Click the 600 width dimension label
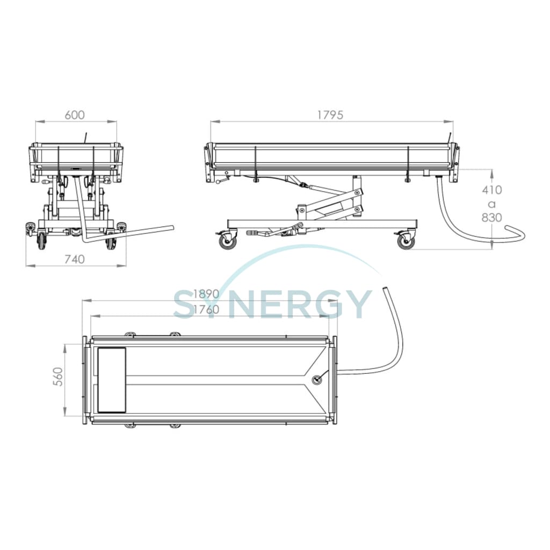75,115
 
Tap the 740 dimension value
75,259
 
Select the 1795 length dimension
330,115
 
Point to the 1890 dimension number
206,294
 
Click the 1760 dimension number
206,310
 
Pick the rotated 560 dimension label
59,377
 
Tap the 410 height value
492,190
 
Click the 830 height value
492,218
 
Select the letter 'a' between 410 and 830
492,204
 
